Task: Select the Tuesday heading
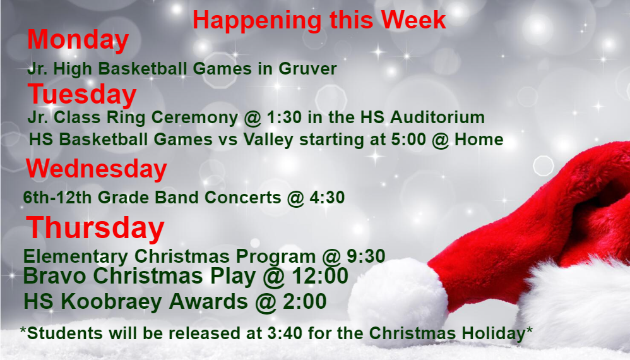(x=82, y=95)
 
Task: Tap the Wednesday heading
(x=97, y=169)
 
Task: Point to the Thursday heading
(x=95, y=228)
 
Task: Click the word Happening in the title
(x=257, y=21)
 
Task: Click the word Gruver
(x=308, y=68)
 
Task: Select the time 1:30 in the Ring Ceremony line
(x=284, y=117)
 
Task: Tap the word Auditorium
(x=437, y=117)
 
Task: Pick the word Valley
(x=268, y=140)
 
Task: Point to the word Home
(x=479, y=140)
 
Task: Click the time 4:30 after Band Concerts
(x=327, y=197)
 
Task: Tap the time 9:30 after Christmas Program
(x=366, y=256)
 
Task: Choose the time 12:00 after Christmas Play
(x=320, y=276)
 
